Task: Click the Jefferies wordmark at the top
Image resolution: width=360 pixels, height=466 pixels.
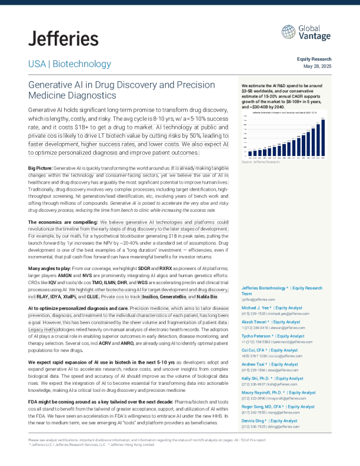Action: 64,39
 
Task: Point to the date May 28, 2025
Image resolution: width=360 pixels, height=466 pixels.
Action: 318,65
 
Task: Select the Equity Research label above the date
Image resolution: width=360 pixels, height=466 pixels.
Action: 315,59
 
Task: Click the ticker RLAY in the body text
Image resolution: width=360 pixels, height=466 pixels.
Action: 44,297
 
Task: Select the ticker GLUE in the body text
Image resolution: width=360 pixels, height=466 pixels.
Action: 94,297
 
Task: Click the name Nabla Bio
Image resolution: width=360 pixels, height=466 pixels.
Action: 207,297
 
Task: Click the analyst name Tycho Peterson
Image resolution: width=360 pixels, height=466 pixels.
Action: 263,335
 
